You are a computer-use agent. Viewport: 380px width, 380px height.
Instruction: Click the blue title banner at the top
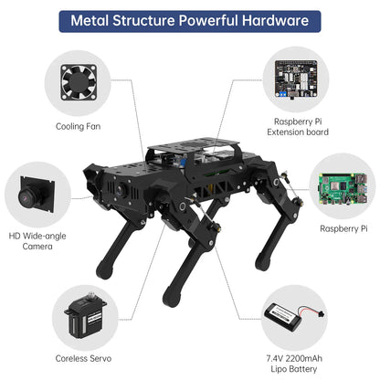pos(189,20)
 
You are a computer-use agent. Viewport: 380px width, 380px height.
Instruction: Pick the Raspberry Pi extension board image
pos(301,79)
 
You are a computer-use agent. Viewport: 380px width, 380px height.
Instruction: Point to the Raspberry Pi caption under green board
pos(344,228)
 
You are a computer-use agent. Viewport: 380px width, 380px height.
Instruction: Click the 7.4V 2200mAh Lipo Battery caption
pos(301,364)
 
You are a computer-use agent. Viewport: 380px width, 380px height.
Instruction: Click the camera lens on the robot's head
pos(120,186)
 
